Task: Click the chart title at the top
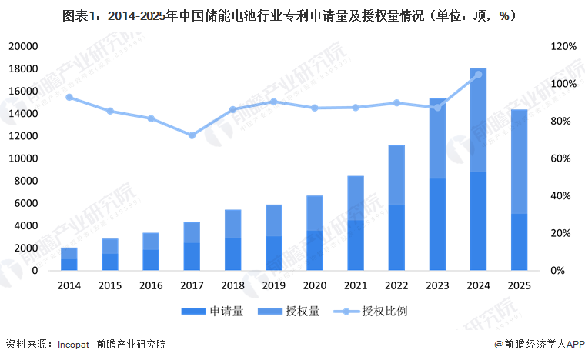[292, 14]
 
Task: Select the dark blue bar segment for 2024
[478, 222]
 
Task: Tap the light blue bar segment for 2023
[437, 138]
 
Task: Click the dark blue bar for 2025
[519, 242]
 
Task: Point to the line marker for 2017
[192, 135]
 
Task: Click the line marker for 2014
[69, 97]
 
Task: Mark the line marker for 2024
[478, 75]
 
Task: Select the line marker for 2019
[273, 102]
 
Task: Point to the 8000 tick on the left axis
[25, 182]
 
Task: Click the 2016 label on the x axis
[151, 285]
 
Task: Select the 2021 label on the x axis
[356, 285]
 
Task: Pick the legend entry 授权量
[301, 312]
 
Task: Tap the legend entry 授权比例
[385, 312]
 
